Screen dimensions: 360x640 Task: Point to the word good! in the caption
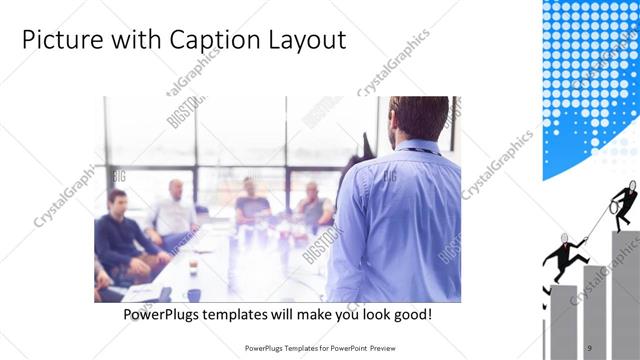point(410,314)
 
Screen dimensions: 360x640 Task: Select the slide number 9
point(590,347)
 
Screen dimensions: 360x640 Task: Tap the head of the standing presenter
point(418,118)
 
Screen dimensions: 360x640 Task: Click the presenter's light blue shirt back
point(400,220)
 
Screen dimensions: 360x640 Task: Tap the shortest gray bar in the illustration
point(563,320)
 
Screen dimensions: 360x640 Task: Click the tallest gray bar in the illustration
point(625,290)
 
